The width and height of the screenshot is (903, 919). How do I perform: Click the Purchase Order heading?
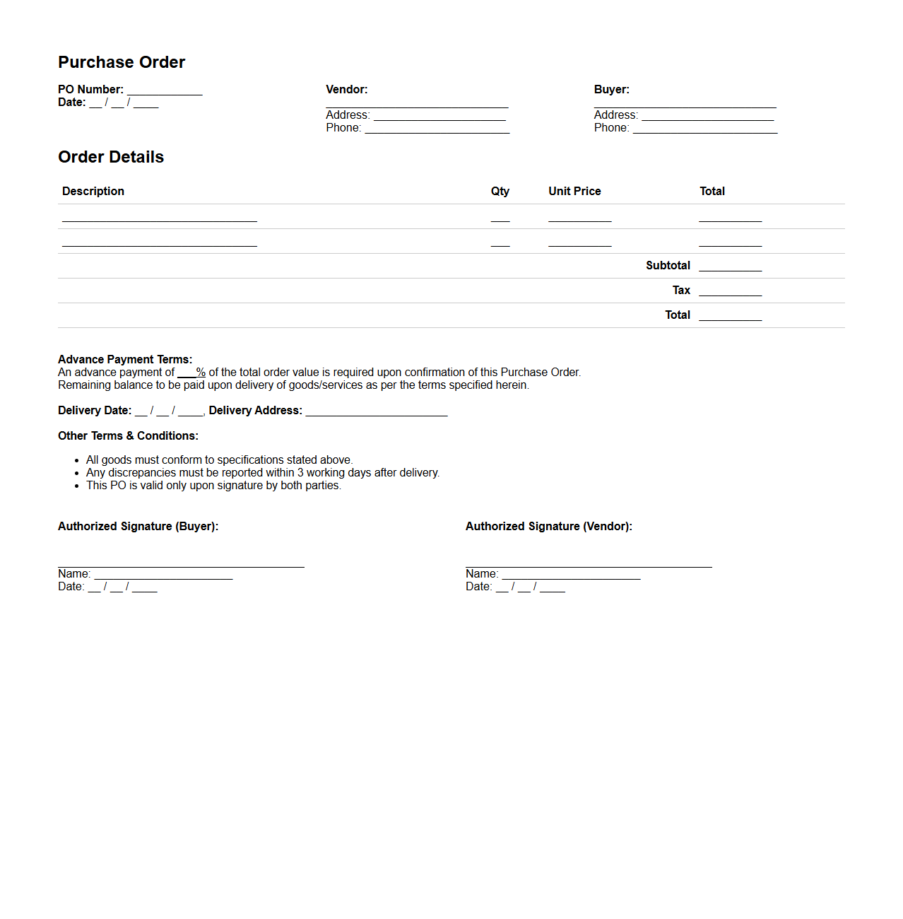122,62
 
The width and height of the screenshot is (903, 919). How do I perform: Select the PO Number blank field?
165,90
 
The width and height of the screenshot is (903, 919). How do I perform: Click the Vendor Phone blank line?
437,129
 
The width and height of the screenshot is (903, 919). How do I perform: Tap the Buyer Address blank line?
707,116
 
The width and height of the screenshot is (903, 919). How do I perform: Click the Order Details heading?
111,157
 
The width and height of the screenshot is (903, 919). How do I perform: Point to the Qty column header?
500,192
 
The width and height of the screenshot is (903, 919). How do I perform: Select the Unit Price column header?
574,192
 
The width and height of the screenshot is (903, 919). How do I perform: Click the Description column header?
93,192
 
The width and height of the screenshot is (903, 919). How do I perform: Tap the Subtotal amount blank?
730,267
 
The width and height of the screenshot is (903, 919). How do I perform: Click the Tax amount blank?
730,291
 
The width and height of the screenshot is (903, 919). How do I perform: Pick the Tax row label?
681,291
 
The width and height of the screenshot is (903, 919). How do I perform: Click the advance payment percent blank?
187,373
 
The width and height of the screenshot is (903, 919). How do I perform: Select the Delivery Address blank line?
377,411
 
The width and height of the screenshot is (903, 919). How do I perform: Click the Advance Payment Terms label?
125,360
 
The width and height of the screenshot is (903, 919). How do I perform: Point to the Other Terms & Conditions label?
128,436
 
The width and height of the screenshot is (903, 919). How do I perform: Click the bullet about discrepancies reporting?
263,473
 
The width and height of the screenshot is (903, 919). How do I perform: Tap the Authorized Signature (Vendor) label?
548,527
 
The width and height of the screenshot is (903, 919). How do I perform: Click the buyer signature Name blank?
163,575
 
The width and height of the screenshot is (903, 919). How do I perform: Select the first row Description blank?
160,217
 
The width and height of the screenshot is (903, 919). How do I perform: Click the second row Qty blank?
500,242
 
